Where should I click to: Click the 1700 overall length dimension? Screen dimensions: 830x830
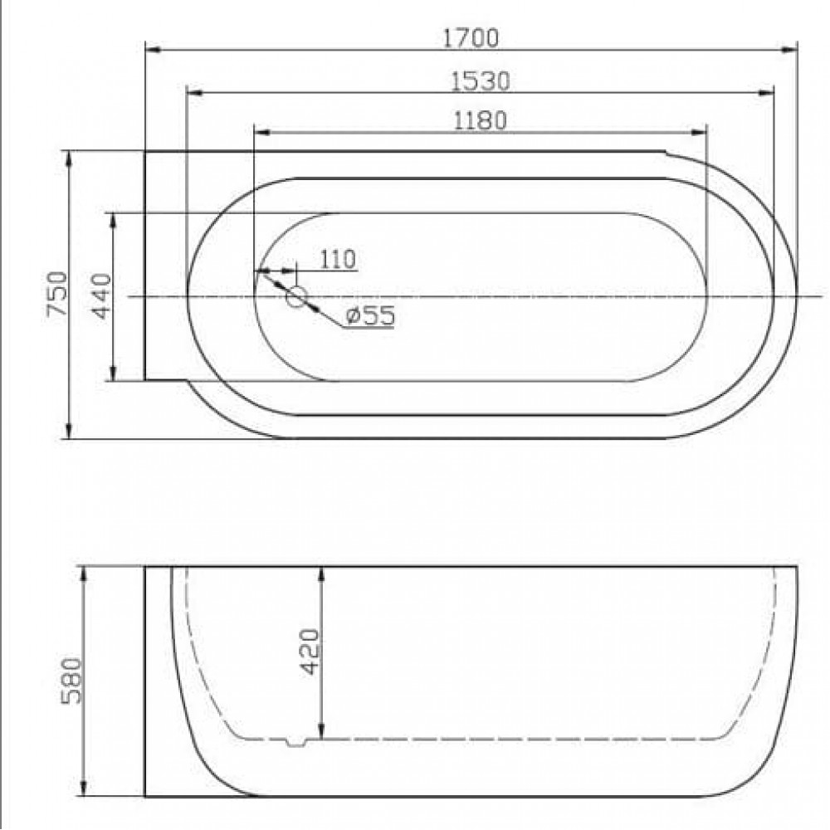[470, 38]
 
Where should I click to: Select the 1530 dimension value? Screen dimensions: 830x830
[480, 81]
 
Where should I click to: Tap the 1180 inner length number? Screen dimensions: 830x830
[480, 120]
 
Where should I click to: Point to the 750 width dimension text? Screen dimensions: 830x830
[57, 294]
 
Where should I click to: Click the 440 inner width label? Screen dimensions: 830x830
[101, 296]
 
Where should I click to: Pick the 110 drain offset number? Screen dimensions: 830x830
[338, 259]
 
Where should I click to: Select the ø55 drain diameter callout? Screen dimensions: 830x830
[370, 316]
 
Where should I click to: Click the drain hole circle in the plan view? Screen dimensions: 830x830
[296, 297]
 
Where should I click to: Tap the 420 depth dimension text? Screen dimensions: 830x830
[310, 651]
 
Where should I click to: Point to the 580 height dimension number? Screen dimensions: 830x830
[71, 681]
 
